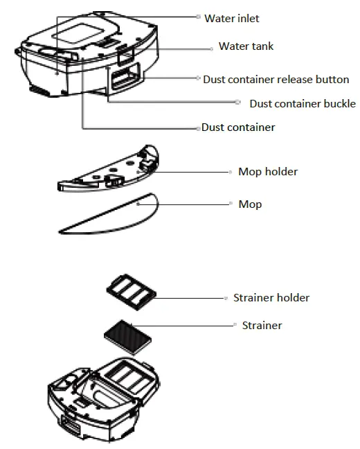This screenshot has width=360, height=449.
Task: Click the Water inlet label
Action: pyautogui.click(x=232, y=19)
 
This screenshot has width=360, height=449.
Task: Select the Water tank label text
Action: pyautogui.click(x=246, y=46)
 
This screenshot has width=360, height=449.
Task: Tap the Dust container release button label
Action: pyautogui.click(x=276, y=80)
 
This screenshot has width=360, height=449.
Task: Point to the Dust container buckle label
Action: pyautogui.click(x=303, y=104)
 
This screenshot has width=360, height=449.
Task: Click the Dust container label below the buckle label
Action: pyautogui.click(x=238, y=127)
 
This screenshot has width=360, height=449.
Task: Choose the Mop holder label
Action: pyautogui.click(x=268, y=171)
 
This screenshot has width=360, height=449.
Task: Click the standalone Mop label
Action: pyautogui.click(x=250, y=204)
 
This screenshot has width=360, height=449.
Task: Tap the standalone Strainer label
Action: pyautogui.click(x=262, y=325)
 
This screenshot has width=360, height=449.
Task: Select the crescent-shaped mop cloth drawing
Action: pyautogui.click(x=111, y=215)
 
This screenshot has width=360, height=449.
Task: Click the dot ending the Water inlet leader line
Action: pyautogui.click(x=198, y=16)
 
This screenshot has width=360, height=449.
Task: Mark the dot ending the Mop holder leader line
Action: pyautogui.click(x=231, y=171)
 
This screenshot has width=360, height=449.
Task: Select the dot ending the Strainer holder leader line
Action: pyautogui.click(x=226, y=298)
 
